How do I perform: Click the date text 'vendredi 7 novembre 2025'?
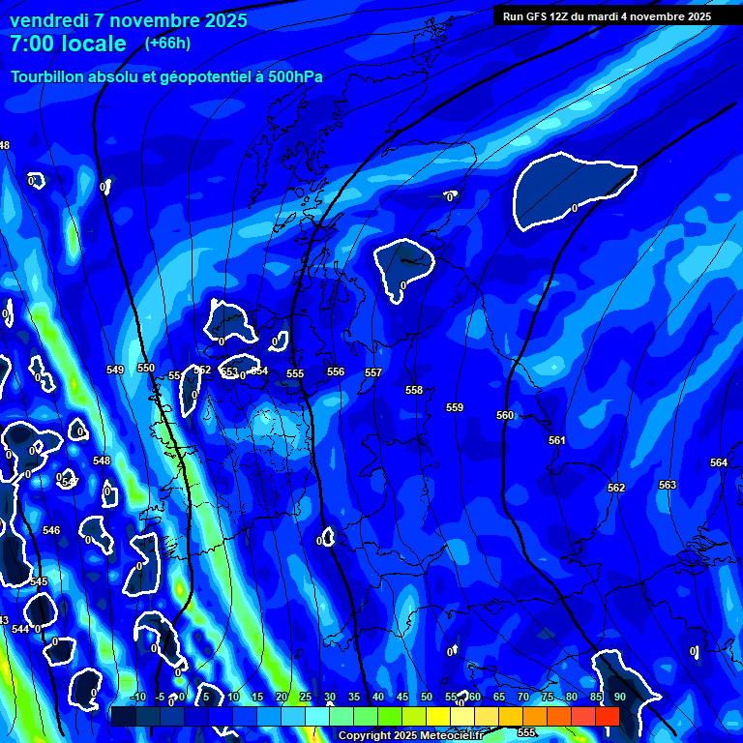point(129,20)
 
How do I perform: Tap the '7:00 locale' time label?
point(68,44)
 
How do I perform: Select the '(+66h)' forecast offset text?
point(167,43)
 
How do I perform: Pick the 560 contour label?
point(505,415)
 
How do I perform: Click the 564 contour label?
point(719,462)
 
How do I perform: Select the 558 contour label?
point(414,390)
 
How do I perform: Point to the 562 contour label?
point(616,488)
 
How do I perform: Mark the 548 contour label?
point(102,461)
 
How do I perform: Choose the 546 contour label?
point(51,530)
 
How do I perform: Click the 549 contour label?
point(115,370)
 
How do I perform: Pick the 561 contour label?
point(556,440)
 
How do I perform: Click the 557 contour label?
point(373,372)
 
